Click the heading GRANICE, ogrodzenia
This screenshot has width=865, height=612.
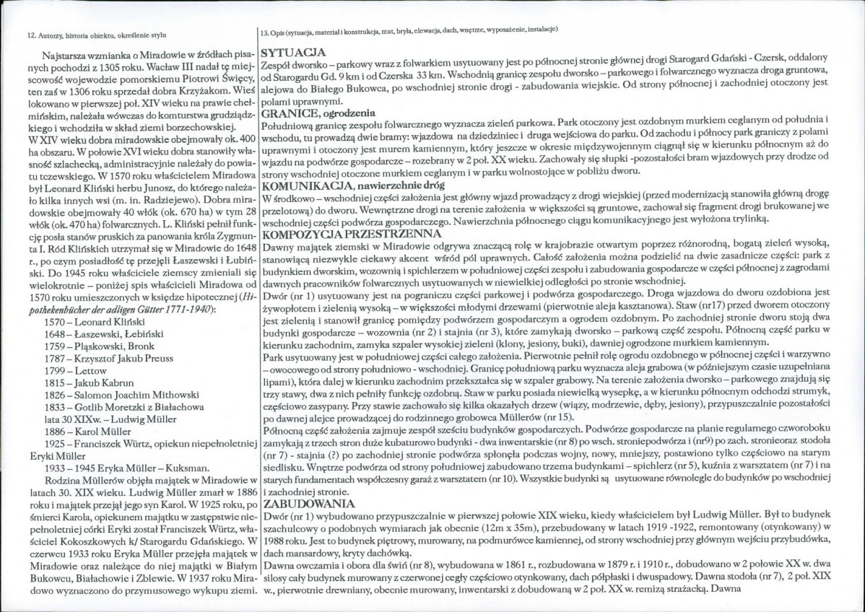coord(318,113)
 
